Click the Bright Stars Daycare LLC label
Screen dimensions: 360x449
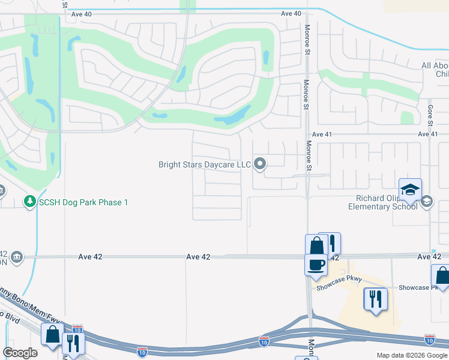(x=204, y=164)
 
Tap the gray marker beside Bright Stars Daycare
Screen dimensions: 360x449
(x=260, y=163)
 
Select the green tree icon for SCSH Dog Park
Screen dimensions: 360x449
(x=29, y=202)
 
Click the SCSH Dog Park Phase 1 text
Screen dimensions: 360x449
(x=84, y=202)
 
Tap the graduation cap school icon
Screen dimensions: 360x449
(x=411, y=190)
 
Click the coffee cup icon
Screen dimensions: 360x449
(x=316, y=264)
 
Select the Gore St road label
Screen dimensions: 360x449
(x=430, y=114)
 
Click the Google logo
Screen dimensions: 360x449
(x=20, y=353)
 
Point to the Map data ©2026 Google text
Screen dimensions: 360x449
(x=411, y=355)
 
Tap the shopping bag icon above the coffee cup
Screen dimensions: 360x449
(x=316, y=245)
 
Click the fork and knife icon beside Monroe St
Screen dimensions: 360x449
(x=330, y=243)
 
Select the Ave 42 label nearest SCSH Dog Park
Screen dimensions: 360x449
(x=90, y=256)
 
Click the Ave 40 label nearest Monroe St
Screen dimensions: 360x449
(x=291, y=14)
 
